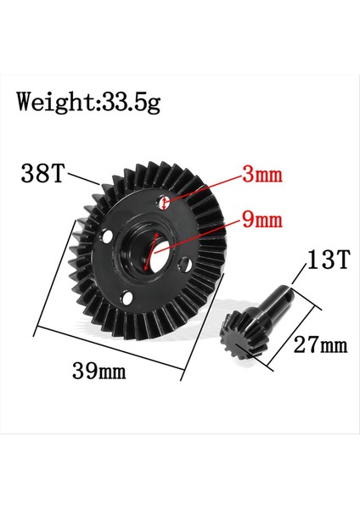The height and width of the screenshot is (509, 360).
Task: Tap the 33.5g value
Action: tap(129, 103)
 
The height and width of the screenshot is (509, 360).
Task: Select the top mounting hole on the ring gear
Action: tap(166, 202)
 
